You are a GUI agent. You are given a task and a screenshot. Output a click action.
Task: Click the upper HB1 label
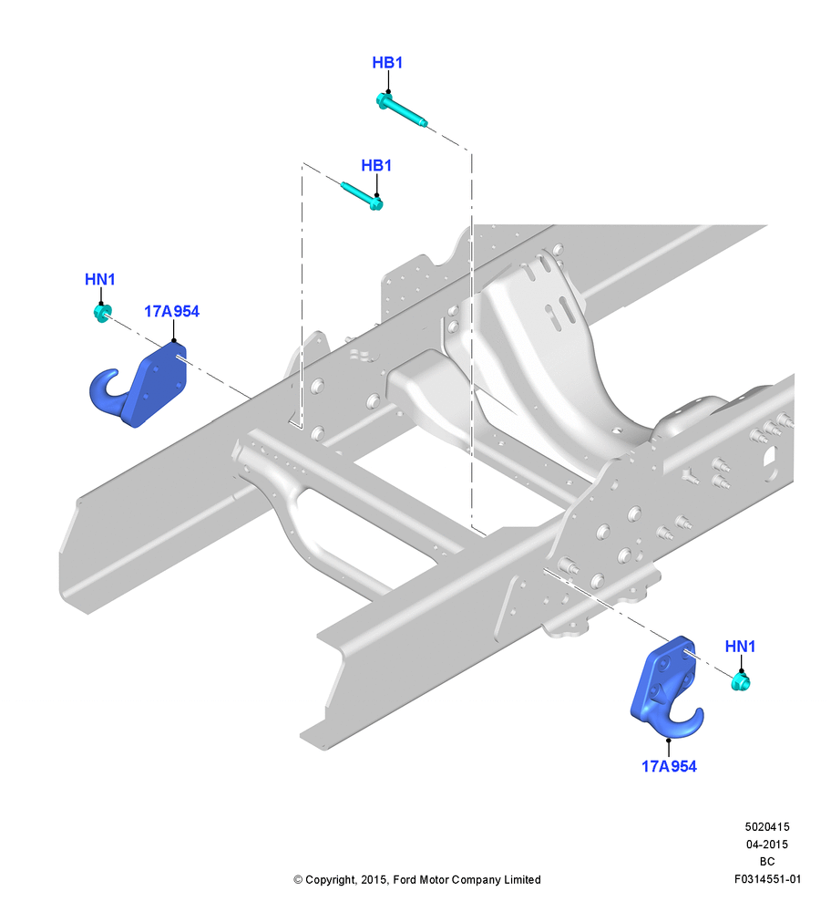coord(387,63)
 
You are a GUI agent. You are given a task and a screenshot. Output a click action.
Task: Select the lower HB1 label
coord(376,166)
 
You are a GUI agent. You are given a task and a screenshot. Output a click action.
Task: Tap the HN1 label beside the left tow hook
coord(100,280)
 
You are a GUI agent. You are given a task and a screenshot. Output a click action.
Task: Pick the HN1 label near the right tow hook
coord(740,647)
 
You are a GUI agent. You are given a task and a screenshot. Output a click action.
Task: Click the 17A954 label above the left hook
coord(171,312)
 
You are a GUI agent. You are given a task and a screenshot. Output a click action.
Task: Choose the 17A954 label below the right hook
coord(669,767)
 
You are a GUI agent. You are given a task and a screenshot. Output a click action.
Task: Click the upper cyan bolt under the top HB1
coord(402,110)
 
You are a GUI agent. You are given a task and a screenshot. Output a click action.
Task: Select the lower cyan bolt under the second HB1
coord(362,196)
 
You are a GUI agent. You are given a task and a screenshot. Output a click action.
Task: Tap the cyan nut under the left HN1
coord(102,313)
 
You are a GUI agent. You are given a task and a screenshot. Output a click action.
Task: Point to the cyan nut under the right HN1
coord(741,681)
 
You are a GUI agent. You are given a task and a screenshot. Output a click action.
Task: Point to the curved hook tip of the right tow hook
coord(697,714)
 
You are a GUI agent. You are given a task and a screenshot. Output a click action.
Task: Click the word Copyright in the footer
coord(330,880)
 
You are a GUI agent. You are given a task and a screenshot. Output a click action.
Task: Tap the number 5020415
coord(767,826)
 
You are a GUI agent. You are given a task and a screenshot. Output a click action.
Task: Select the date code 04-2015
coord(767,844)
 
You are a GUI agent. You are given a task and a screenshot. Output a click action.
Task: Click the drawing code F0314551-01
coord(767,879)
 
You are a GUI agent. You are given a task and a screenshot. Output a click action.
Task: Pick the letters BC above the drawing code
coord(767,862)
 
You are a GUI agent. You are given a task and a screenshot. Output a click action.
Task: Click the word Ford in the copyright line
coord(405,880)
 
